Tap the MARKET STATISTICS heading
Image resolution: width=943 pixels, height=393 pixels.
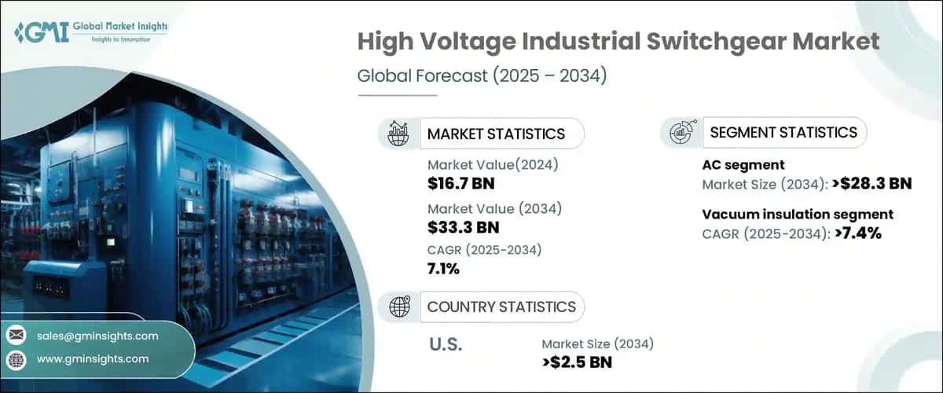(x=495, y=134)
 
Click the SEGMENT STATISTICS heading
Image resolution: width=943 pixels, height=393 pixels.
(x=783, y=132)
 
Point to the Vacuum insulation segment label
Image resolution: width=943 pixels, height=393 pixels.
(x=797, y=214)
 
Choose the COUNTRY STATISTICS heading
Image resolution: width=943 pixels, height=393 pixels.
(x=501, y=307)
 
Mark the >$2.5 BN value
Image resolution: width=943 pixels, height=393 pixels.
(x=577, y=362)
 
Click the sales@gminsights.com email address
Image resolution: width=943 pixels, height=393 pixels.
(x=97, y=336)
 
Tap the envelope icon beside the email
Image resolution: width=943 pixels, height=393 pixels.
(x=17, y=336)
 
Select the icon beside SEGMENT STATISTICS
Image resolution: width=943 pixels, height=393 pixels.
(x=681, y=133)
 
